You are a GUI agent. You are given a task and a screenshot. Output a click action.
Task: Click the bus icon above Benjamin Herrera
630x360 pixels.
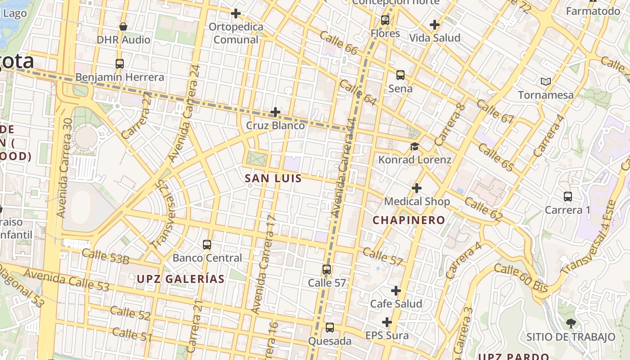pyautogui.click(x=119, y=64)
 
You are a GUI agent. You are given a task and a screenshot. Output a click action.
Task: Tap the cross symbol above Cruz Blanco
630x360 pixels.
pyautogui.click(x=275, y=112)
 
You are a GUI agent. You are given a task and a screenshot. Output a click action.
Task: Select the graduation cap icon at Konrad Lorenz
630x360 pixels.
pyautogui.click(x=414, y=147)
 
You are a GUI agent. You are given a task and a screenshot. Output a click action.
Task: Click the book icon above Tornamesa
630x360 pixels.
pyautogui.click(x=546, y=82)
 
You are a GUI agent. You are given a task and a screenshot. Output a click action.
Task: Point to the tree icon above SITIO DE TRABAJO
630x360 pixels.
pyautogui.click(x=571, y=323)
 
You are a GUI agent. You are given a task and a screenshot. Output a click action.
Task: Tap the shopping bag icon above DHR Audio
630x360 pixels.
pyautogui.click(x=123, y=27)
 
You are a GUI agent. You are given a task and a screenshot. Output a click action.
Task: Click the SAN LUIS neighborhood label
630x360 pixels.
pyautogui.click(x=273, y=179)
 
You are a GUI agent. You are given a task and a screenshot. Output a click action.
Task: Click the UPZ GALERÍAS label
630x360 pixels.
pyautogui.click(x=180, y=279)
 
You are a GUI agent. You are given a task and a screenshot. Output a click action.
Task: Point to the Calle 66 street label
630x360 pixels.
pyautogui.click(x=338, y=43)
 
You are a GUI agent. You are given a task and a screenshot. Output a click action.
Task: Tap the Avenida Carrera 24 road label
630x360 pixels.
pyautogui.click(x=184, y=113)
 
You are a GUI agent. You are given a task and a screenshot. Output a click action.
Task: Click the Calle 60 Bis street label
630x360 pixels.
pyautogui.click(x=521, y=278)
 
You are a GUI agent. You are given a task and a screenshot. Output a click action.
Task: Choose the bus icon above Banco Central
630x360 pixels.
pyautogui.click(x=207, y=245)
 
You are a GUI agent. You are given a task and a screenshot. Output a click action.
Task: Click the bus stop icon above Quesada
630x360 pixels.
pyautogui.click(x=330, y=328)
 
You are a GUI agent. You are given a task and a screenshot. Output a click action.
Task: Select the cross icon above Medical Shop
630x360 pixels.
pyautogui.click(x=417, y=188)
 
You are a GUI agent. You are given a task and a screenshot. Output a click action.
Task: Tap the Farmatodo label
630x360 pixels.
pyautogui.click(x=593, y=11)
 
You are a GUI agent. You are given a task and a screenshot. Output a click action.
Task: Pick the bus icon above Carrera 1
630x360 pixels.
pyautogui.click(x=568, y=197)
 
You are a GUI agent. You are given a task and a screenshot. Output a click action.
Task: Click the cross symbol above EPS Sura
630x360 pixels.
pyautogui.click(x=387, y=322)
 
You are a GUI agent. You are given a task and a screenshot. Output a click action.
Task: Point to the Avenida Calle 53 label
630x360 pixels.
pyautogui.click(x=66, y=280)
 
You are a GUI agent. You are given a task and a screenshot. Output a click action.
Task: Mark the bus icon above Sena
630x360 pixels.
pyautogui.click(x=400, y=75)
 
